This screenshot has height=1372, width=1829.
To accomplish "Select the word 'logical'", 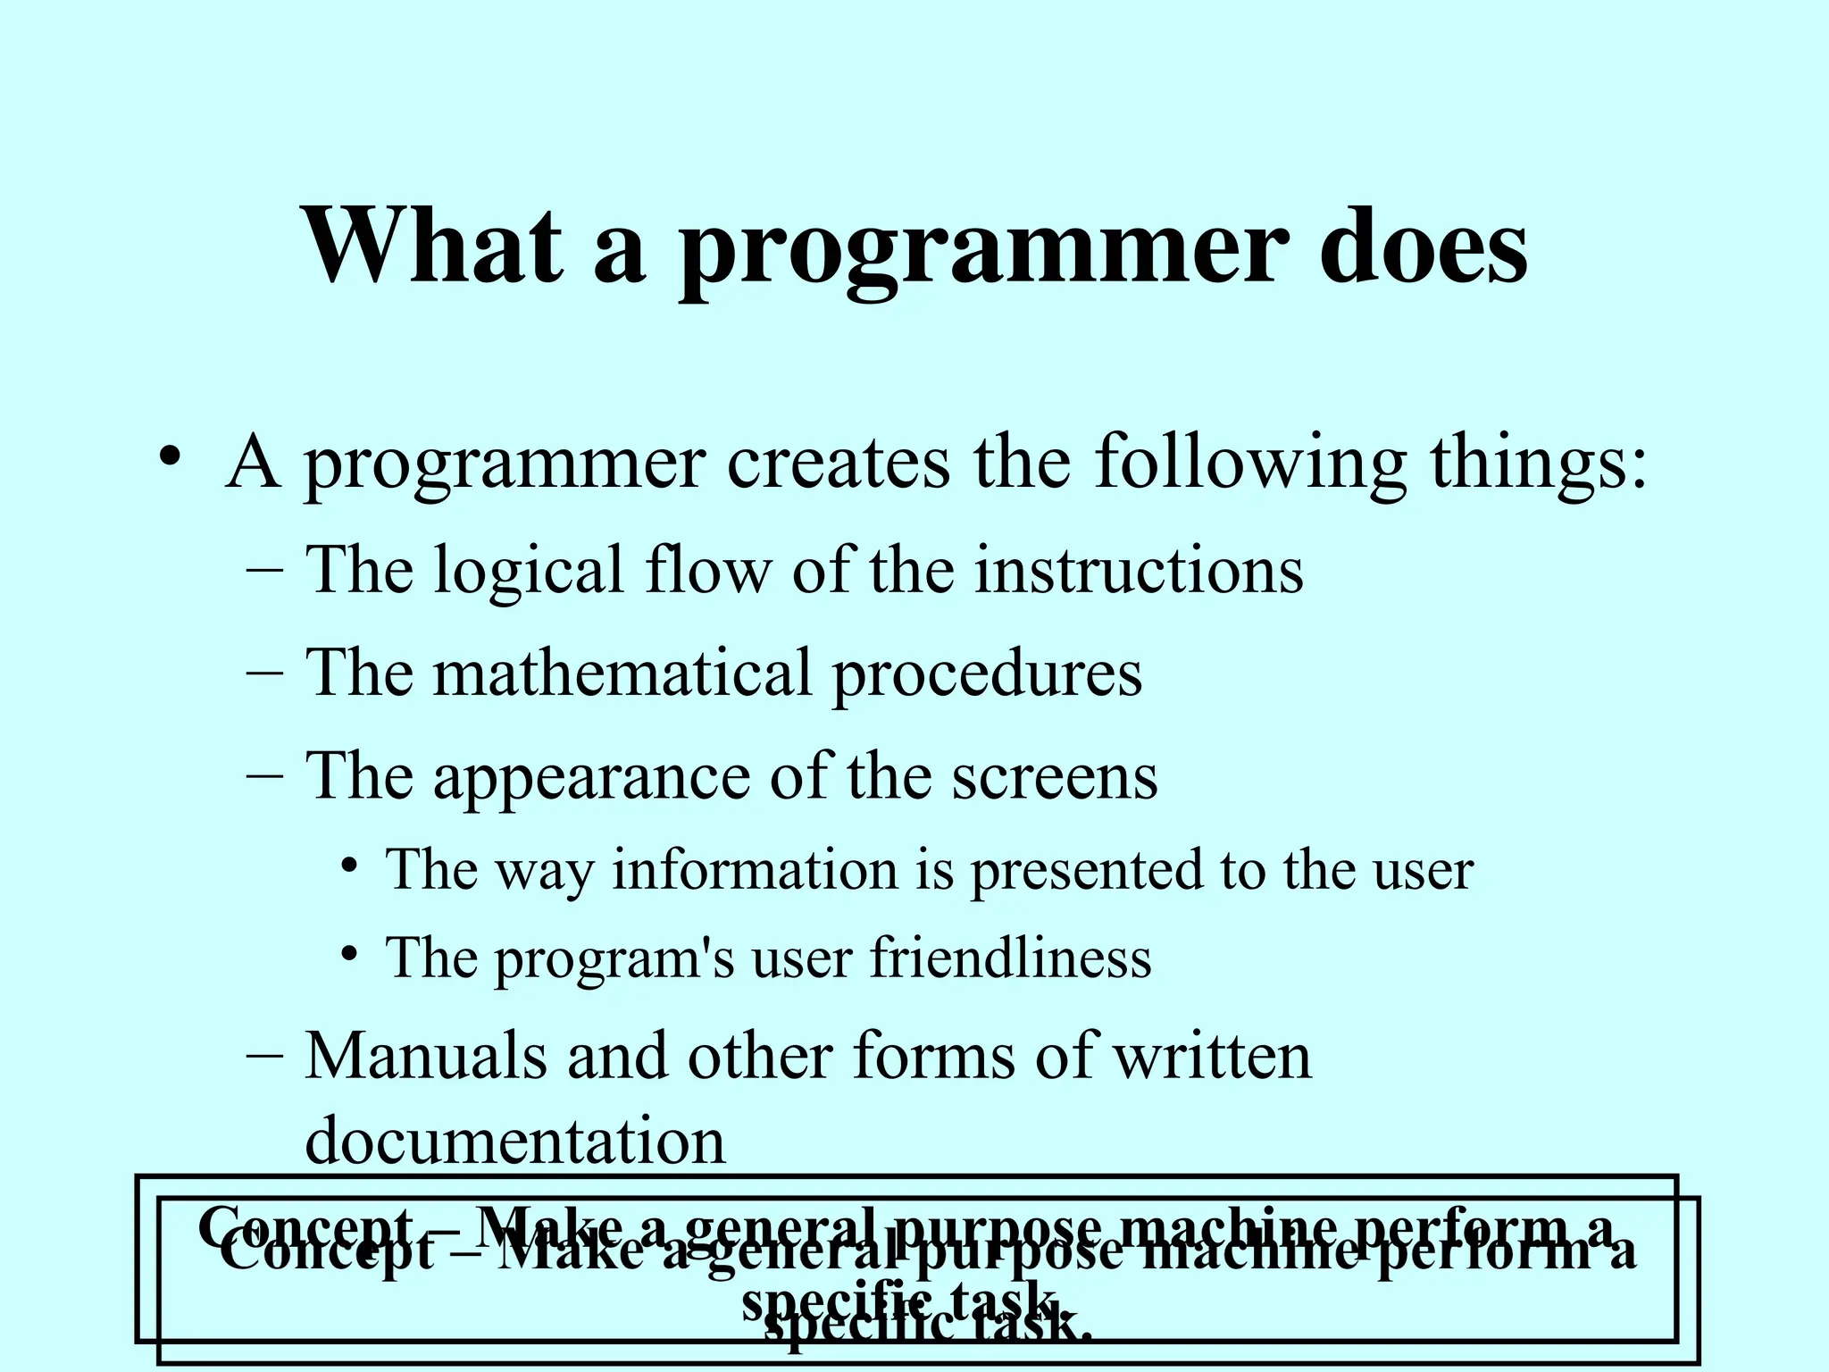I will (x=528, y=572).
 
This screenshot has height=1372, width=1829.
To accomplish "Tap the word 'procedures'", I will (x=987, y=676).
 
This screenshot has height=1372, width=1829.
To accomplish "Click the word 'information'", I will (x=755, y=870).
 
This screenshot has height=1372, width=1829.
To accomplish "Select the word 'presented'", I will (x=1087, y=873).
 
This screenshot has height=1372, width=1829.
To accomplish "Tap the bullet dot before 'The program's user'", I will (x=350, y=954).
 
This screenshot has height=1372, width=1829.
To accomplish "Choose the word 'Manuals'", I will (x=425, y=1057).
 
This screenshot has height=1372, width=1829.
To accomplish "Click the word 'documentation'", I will (x=515, y=1142).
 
